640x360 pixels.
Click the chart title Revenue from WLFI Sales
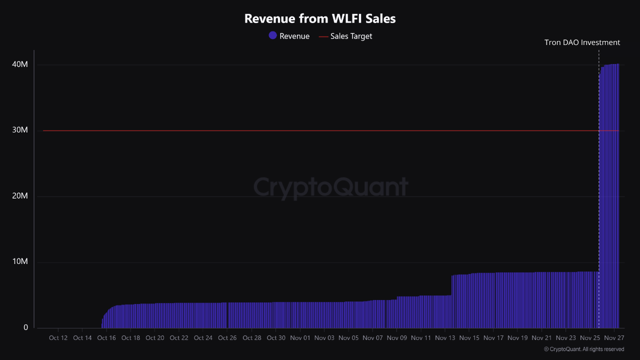[320, 18]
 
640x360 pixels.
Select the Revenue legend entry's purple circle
[272, 35]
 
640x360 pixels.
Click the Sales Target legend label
[351, 36]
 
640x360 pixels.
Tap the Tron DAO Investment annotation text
[582, 42]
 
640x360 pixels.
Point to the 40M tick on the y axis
[20, 64]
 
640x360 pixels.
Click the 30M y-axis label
[20, 130]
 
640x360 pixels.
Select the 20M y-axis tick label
[20, 196]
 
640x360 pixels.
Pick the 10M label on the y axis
[20, 262]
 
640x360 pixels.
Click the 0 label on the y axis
[26, 327]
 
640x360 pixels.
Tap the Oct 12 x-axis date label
[58, 338]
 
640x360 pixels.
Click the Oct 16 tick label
[106, 338]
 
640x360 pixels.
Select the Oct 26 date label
[227, 338]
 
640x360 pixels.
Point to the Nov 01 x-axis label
[299, 338]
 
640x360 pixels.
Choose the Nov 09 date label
[396, 338]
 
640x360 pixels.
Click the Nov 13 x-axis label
[445, 338]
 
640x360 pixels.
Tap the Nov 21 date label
[541, 338]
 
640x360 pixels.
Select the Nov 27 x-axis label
[614, 338]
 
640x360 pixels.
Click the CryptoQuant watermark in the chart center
[330, 187]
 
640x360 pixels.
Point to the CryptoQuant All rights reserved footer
[583, 349]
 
